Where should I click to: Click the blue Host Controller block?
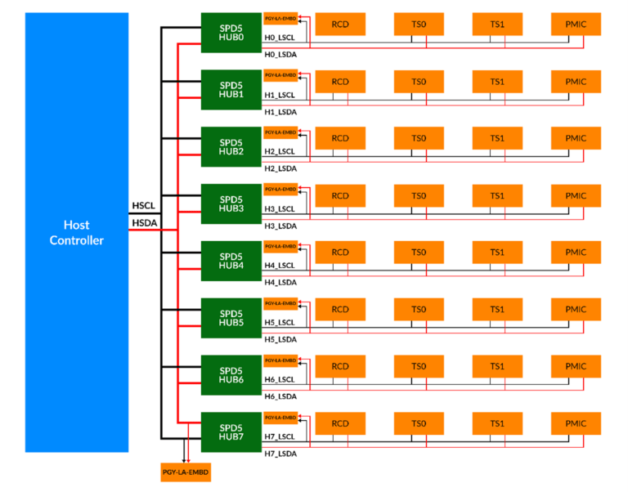(x=77, y=232)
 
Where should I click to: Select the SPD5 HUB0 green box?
(x=231, y=32)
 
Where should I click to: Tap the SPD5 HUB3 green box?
(x=231, y=204)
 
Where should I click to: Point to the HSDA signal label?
(x=142, y=222)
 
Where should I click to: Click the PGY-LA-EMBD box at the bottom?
(x=186, y=472)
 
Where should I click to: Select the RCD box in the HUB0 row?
(x=340, y=25)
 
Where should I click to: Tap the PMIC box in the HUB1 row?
(x=576, y=82)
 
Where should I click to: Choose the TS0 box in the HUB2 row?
(x=419, y=138)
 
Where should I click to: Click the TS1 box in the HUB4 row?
(x=497, y=253)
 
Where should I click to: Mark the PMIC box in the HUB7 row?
(x=576, y=424)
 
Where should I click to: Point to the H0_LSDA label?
(x=280, y=55)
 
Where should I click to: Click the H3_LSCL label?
(x=279, y=209)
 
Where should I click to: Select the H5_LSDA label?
(x=280, y=339)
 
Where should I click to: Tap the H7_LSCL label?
(x=279, y=437)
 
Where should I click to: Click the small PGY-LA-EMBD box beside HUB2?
(x=280, y=132)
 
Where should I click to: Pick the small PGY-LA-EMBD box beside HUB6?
(x=280, y=360)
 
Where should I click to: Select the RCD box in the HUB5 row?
(x=340, y=310)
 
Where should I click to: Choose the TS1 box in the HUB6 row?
(x=497, y=367)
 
